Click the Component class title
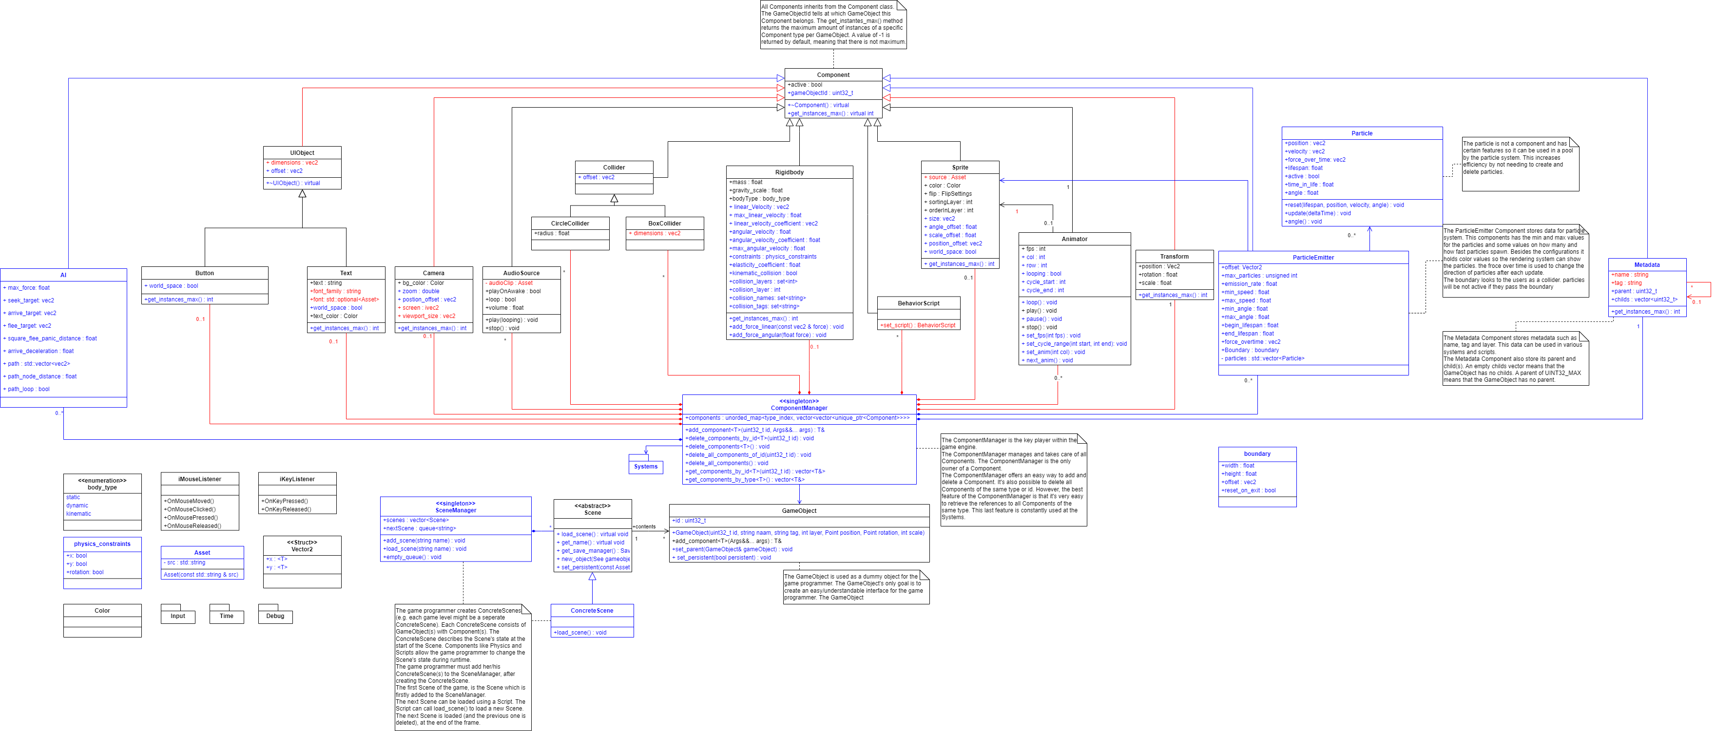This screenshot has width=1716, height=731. (833, 75)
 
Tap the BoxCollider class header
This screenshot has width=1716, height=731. (664, 224)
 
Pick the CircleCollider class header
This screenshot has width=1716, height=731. (570, 224)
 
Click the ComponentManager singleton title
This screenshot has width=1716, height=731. (799, 405)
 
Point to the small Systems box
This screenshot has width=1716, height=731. (645, 467)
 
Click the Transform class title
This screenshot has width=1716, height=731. (1174, 256)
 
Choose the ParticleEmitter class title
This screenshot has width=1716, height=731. (1313, 258)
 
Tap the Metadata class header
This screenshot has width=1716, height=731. (1647, 265)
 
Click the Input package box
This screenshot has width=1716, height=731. (178, 617)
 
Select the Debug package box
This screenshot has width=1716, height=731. (275, 617)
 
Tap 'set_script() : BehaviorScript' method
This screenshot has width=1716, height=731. (918, 325)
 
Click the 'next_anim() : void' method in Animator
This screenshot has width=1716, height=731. (1049, 361)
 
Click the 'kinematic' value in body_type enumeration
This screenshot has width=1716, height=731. (78, 514)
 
